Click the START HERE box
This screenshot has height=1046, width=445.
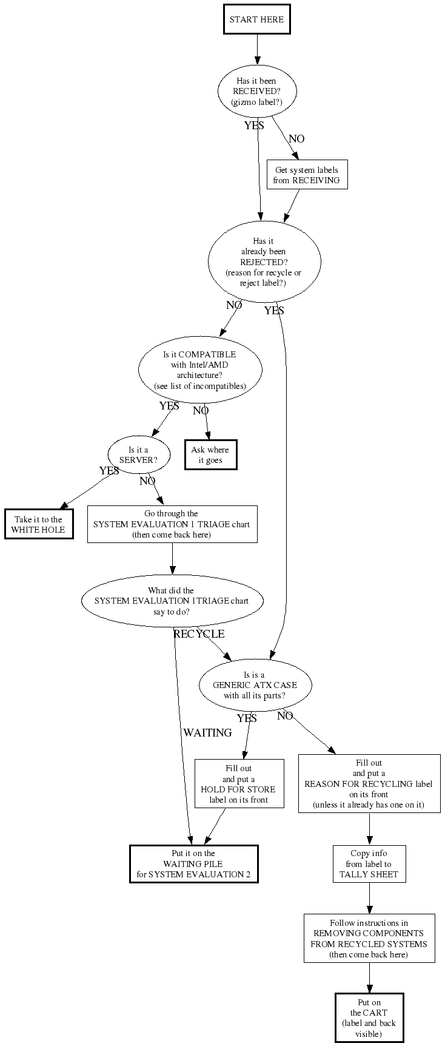tap(256, 19)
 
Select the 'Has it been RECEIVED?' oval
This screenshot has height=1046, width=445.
tap(256, 92)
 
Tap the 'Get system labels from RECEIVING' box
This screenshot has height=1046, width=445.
tap(307, 175)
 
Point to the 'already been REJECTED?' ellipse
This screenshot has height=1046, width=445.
tap(264, 262)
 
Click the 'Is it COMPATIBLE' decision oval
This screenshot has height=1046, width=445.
tap(200, 370)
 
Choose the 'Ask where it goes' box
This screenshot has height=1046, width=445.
tap(210, 455)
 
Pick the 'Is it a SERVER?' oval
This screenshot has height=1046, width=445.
tap(138, 455)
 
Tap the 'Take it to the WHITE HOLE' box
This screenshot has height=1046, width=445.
tap(39, 524)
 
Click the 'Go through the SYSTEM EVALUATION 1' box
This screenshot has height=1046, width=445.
tap(172, 524)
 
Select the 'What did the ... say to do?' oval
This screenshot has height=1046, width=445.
tap(172, 601)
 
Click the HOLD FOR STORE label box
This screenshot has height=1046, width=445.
tap(239, 784)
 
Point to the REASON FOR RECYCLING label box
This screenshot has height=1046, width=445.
tap(369, 783)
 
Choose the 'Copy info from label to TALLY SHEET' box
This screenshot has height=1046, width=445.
tap(369, 864)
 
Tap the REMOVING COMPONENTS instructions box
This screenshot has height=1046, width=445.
tap(369, 938)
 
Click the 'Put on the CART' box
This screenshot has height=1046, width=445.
tap(369, 1017)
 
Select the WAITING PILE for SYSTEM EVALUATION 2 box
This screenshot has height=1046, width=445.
tap(194, 864)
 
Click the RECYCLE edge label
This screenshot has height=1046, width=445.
tap(199, 634)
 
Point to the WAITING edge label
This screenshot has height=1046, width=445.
tap(208, 733)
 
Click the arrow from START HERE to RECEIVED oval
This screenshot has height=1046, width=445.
tap(257, 49)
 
